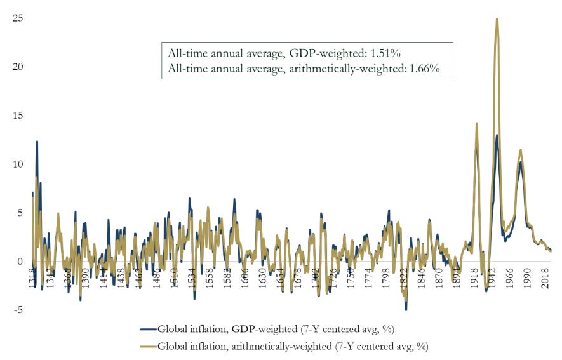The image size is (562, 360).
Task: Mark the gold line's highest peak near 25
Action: coord(497,19)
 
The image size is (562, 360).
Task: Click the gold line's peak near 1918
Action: coord(476,123)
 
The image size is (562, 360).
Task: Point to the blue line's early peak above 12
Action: coord(37,142)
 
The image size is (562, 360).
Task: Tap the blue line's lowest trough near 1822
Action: coord(406,309)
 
